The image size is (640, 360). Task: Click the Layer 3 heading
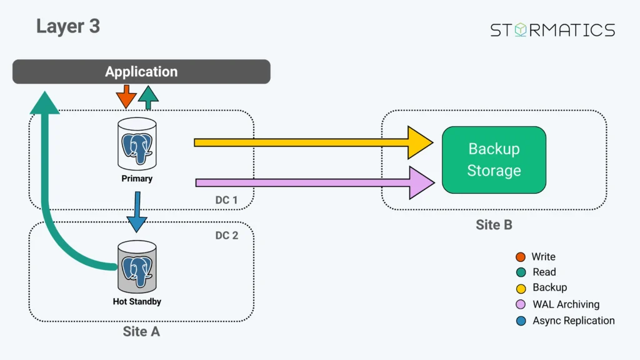point(68,26)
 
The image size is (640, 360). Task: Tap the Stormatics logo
point(552,30)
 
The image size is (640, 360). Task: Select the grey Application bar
point(141,72)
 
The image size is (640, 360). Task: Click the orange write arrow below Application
point(126,97)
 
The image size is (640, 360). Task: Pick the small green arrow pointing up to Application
point(148,97)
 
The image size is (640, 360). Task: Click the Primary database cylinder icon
point(137,143)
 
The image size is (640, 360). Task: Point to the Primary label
point(137,179)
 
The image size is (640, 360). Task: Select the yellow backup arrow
point(312,142)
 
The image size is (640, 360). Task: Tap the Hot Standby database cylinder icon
point(137,267)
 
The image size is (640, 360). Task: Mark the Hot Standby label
point(137,302)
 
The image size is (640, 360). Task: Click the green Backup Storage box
point(494,160)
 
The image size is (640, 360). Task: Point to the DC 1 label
point(226,200)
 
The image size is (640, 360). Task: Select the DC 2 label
point(226,236)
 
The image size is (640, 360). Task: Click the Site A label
point(141,332)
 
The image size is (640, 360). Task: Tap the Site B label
point(494,225)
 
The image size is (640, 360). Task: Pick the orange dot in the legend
point(521,257)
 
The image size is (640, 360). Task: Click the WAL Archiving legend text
point(566,304)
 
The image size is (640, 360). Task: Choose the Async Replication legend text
point(573,321)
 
